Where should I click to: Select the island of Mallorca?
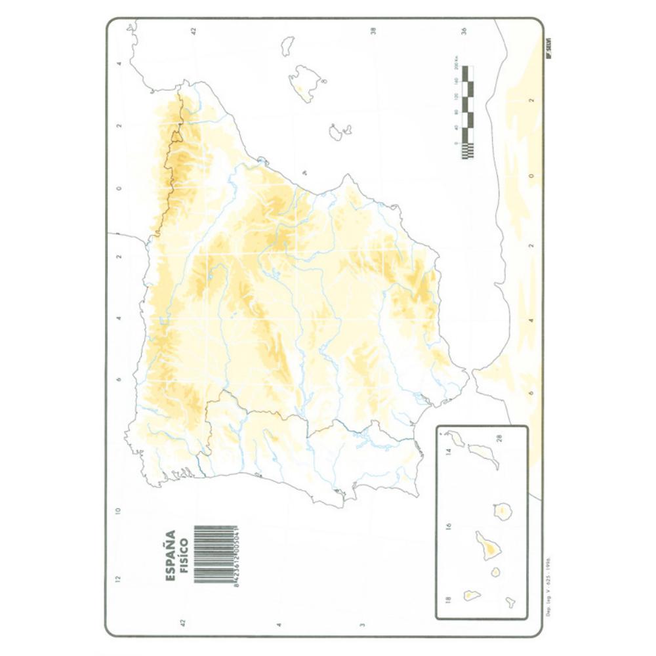point(306,83)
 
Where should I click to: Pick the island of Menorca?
point(287,46)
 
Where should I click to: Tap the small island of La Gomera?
point(495,572)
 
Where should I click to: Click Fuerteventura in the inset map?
point(483,453)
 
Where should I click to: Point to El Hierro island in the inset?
point(510,602)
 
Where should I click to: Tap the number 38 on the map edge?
point(373,30)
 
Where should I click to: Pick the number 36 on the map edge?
point(464,30)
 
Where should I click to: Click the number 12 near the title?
point(119,579)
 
